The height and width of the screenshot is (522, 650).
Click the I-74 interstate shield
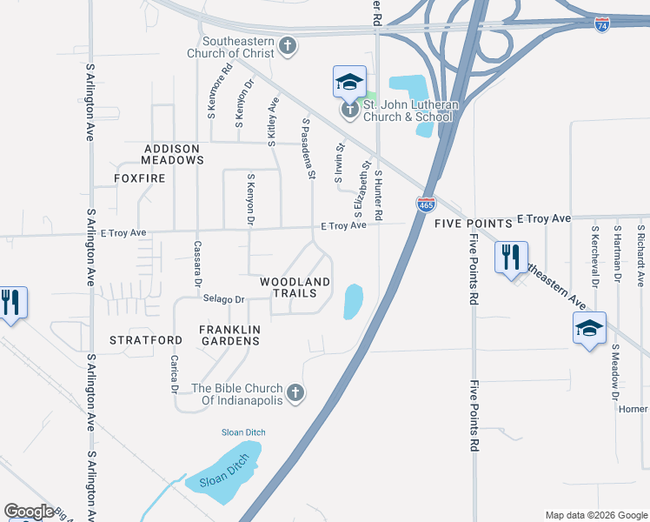(602, 27)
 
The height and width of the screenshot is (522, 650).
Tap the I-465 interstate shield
(426, 205)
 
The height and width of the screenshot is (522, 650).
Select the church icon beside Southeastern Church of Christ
(289, 47)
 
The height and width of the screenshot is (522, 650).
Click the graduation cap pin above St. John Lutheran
(348, 84)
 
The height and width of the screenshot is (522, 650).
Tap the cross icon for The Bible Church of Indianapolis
(295, 394)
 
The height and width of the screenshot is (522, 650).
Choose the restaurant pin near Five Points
(510, 257)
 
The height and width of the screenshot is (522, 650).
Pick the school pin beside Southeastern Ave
(588, 329)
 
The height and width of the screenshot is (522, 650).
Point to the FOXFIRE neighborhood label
(138, 178)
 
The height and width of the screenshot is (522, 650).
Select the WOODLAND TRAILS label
(295, 288)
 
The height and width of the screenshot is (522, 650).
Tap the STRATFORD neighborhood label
(146, 340)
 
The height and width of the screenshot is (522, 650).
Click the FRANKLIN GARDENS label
(229, 335)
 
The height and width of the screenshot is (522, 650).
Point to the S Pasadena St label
(307, 149)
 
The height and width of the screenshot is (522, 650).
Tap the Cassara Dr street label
(197, 264)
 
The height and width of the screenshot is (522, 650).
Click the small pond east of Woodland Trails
(353, 301)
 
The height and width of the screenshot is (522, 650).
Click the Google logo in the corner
(29, 512)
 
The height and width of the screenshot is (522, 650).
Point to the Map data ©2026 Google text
(595, 515)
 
